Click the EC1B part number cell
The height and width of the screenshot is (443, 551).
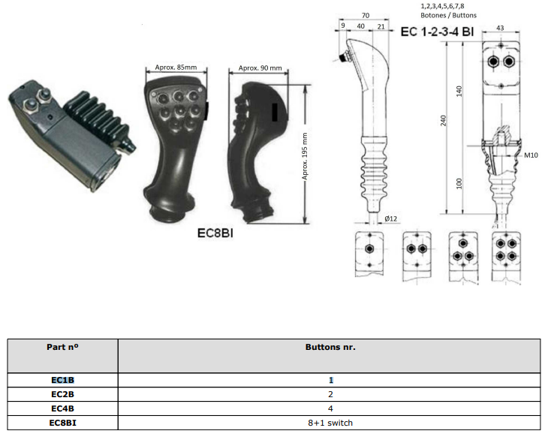(x=62, y=380)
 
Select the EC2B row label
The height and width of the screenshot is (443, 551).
(x=62, y=394)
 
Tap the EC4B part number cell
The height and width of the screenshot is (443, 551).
(x=62, y=408)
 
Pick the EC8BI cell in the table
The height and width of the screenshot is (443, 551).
(x=62, y=423)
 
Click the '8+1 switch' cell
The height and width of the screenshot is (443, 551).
(x=330, y=423)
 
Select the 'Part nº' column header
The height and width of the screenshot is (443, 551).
(x=62, y=348)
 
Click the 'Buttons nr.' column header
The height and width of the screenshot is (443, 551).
(x=330, y=348)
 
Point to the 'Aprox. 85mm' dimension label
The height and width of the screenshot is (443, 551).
(x=176, y=67)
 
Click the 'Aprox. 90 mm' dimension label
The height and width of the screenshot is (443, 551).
(x=260, y=68)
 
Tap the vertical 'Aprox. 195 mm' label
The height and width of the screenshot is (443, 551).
(x=305, y=156)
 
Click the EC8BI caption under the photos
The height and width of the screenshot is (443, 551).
(x=215, y=233)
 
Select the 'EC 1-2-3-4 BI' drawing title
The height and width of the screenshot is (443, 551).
(x=437, y=32)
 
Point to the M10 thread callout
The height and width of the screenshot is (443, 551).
(x=531, y=155)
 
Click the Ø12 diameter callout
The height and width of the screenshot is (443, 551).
(x=390, y=218)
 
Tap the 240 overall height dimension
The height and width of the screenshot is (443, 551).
(x=443, y=121)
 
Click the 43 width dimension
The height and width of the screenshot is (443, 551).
(x=500, y=28)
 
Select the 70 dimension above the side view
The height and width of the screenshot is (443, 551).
(x=366, y=16)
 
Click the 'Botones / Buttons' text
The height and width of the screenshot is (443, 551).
(x=448, y=15)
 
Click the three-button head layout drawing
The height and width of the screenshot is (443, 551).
(x=463, y=257)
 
